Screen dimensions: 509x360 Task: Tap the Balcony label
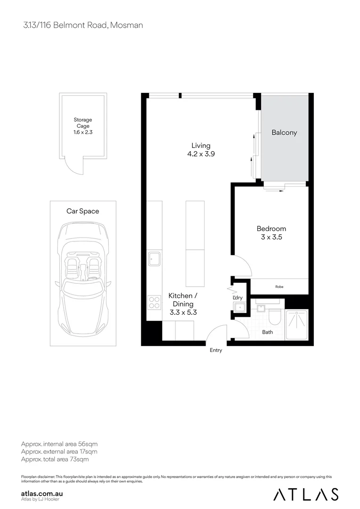point(284,132)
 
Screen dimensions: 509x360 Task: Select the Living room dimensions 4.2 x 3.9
point(201,154)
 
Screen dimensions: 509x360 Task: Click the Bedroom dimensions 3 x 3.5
point(271,238)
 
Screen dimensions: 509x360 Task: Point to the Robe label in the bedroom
point(279,287)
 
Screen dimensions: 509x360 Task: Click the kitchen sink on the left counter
point(155,258)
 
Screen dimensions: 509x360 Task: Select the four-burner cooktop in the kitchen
point(155,302)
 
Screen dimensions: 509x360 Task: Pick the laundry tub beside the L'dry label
point(240,308)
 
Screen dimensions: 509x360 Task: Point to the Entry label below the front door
point(215,350)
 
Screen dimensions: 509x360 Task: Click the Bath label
point(267,332)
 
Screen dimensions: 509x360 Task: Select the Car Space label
point(82,211)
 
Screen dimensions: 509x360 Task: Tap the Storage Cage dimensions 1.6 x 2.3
point(82,133)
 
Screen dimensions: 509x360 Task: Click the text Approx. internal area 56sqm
point(59,444)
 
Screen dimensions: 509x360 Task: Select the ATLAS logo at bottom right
point(306,494)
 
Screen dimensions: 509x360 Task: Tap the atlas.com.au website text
point(42,493)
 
